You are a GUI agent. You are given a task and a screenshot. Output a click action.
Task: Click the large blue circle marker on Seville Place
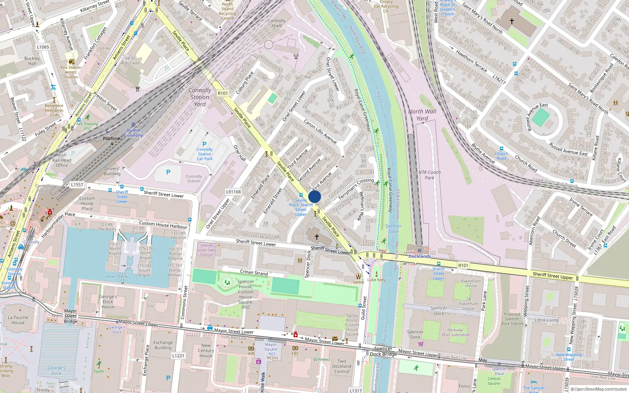[314, 196]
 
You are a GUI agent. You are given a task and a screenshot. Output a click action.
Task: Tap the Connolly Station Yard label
[200, 97]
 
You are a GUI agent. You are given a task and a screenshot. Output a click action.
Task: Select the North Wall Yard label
[422, 115]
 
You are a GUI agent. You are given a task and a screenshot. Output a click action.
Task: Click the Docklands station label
[419, 256]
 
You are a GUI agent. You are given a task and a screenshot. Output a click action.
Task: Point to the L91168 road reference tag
[234, 192]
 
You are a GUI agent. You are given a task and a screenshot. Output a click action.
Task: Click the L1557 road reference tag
[77, 185]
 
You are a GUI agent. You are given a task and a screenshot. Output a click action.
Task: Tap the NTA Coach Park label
[429, 175]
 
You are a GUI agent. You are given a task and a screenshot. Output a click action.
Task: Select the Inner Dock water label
[116, 276]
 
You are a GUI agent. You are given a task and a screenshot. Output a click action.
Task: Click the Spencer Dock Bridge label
[383, 351]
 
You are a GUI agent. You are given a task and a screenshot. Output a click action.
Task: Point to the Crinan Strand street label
[254, 272]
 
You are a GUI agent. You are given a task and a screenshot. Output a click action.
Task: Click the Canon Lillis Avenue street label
[320, 131]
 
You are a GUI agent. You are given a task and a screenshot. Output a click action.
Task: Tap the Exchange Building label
[163, 345]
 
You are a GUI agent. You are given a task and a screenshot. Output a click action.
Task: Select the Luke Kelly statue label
[377, 280]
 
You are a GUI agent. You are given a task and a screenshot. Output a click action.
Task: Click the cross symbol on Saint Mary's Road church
[511, 21]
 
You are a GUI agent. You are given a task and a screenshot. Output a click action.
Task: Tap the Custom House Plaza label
[87, 203]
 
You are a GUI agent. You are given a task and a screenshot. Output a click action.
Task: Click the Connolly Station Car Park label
[204, 154]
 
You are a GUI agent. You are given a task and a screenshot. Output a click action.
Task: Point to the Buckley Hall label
[32, 61]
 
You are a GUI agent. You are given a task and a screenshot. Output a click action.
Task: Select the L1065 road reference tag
[43, 47]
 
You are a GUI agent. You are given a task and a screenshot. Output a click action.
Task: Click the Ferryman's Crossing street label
[356, 187]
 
